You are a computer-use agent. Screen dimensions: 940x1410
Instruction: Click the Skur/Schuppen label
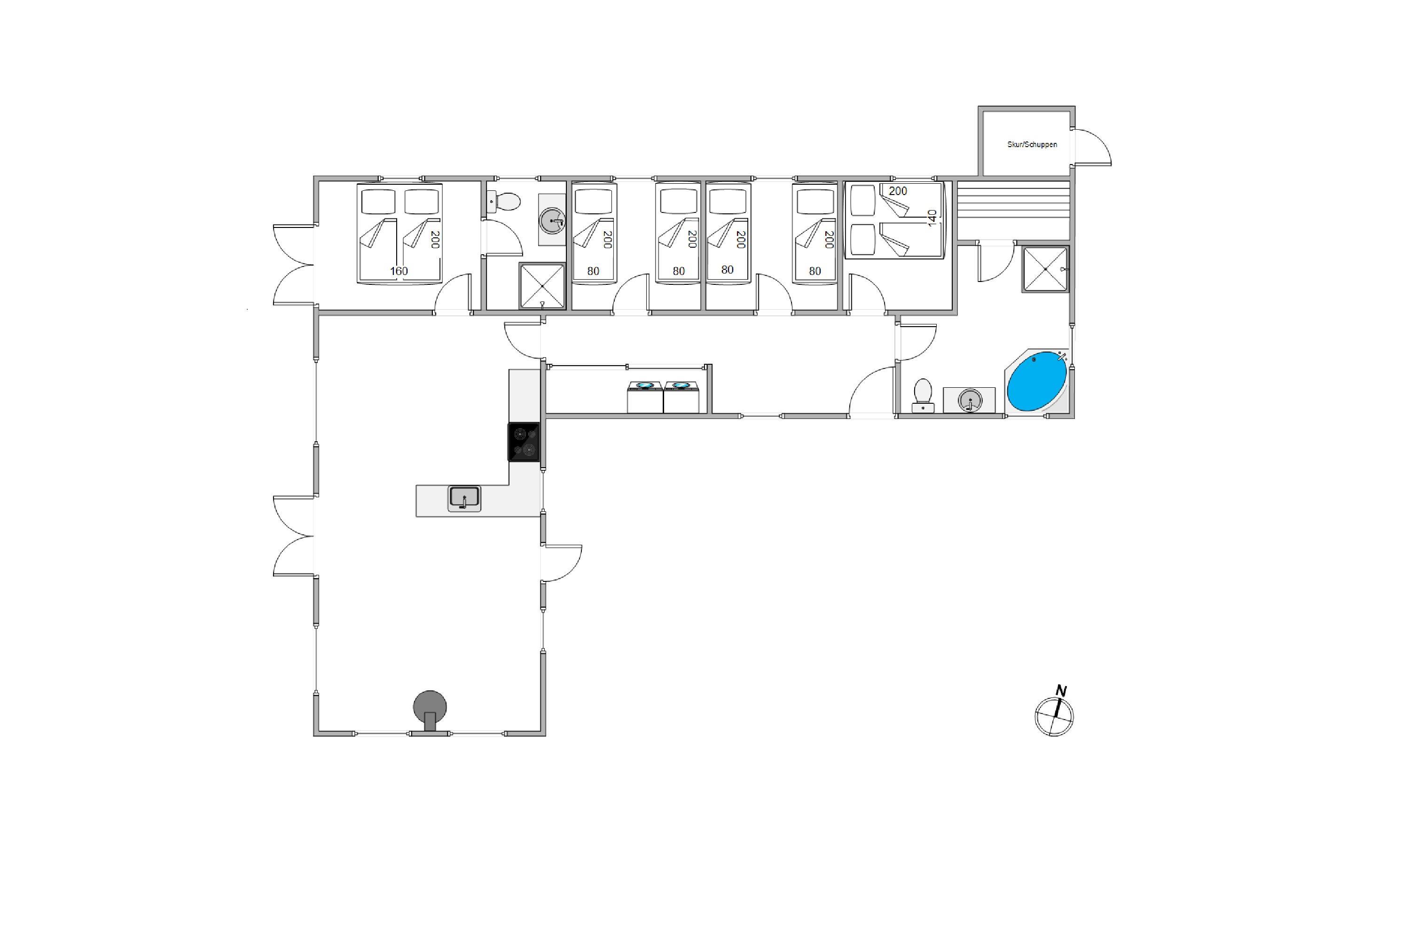coord(1032,144)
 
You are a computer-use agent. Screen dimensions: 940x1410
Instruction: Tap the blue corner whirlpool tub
coord(1036,382)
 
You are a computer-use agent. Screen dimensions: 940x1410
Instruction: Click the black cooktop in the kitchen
coord(524,442)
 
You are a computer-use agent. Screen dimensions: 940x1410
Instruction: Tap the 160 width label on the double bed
coord(399,271)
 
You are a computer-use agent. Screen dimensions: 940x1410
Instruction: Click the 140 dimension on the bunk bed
coord(932,218)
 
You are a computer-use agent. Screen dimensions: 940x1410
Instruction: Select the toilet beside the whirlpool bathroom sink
coord(923,396)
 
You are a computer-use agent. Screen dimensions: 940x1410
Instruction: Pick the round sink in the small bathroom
coord(552,220)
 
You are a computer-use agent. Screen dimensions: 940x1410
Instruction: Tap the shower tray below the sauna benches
coord(1045,269)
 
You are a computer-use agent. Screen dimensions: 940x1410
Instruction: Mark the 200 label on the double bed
coord(435,239)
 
